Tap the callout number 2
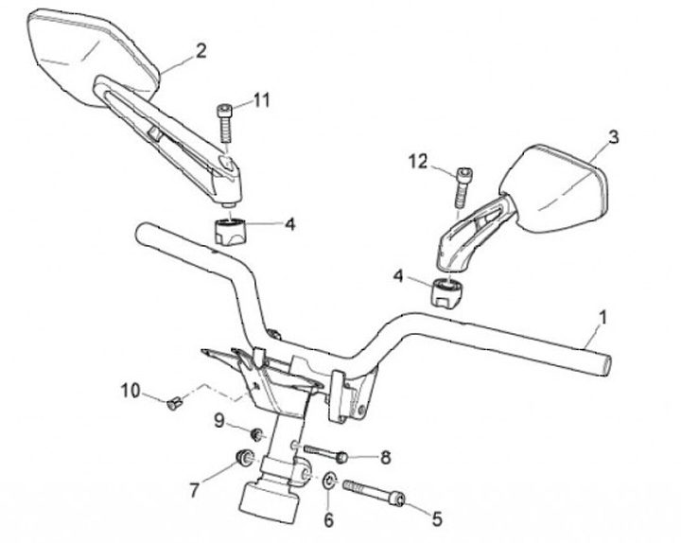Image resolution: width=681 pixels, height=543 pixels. point(201,50)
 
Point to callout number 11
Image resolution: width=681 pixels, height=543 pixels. point(261,101)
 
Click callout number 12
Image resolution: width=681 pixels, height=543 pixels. point(418,163)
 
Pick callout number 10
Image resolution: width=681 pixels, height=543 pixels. point(130,389)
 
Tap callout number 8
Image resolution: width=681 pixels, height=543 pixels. point(385,458)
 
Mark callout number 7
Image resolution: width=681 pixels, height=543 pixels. point(195,489)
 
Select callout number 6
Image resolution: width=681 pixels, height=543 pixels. point(329,519)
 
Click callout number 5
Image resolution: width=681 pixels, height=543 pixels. point(437,517)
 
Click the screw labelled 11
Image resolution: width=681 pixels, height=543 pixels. point(226,121)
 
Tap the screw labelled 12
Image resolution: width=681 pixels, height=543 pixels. point(461,185)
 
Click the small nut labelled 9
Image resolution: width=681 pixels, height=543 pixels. point(253,433)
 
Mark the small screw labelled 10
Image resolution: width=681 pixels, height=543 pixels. point(172,404)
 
